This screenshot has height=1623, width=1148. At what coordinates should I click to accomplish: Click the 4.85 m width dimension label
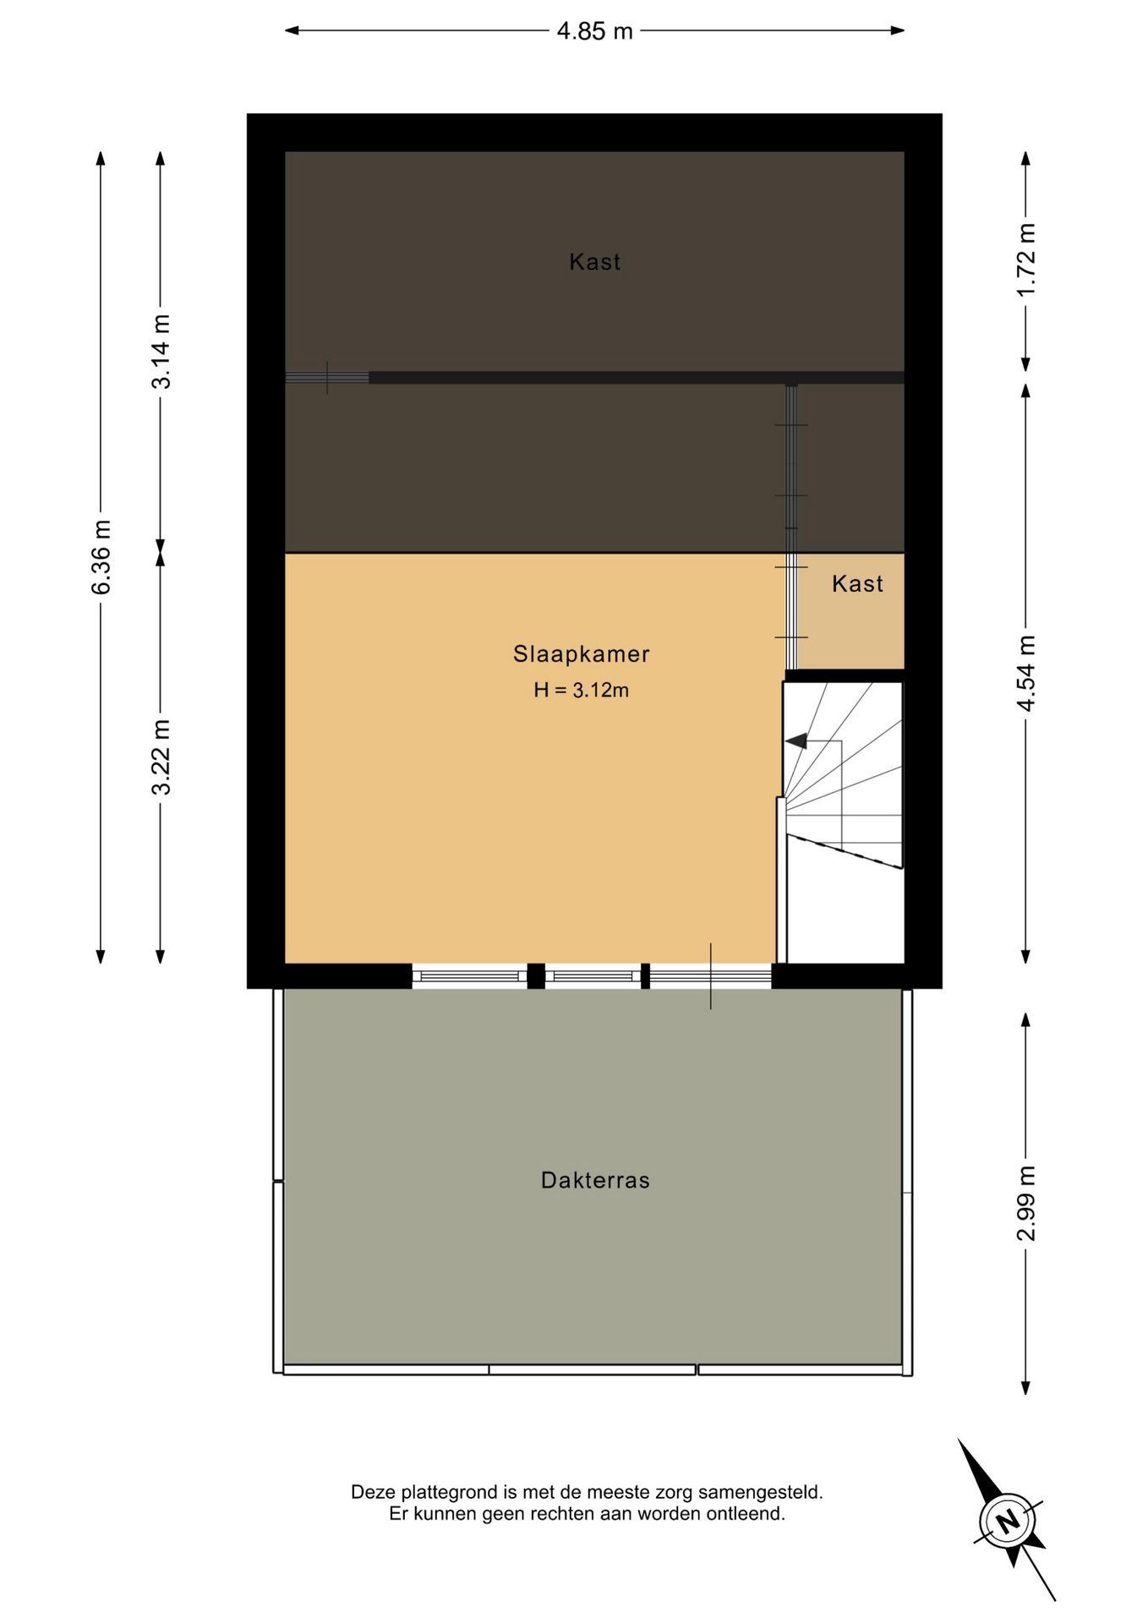[594, 31]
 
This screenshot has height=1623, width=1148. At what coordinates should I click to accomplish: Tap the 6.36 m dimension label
[101, 557]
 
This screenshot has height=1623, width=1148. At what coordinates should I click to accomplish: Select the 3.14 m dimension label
[161, 352]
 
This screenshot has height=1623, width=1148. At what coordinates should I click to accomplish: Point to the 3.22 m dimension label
[161, 757]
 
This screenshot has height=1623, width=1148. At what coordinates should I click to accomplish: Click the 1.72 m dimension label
[1025, 260]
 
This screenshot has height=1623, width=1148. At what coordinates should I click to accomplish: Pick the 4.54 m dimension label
[1025, 674]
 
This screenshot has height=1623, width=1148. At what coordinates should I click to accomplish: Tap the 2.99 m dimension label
[1025, 1204]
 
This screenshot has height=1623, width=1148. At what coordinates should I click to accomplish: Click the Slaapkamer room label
[582, 654]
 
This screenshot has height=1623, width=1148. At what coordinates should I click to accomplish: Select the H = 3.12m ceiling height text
[582, 691]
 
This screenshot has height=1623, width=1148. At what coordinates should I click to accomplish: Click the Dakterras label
[595, 1181]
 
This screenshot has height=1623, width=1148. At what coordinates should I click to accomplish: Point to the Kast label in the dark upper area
[595, 262]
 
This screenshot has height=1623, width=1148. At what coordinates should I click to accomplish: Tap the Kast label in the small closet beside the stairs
[857, 584]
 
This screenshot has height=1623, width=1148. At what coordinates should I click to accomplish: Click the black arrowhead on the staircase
[796, 741]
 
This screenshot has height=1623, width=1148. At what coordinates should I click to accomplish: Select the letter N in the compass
[1008, 1522]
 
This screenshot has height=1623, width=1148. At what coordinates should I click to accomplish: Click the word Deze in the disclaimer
[373, 1493]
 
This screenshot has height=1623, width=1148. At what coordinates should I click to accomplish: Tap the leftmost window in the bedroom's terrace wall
[469, 976]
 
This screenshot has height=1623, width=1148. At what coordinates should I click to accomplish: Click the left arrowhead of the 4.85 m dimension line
[292, 31]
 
